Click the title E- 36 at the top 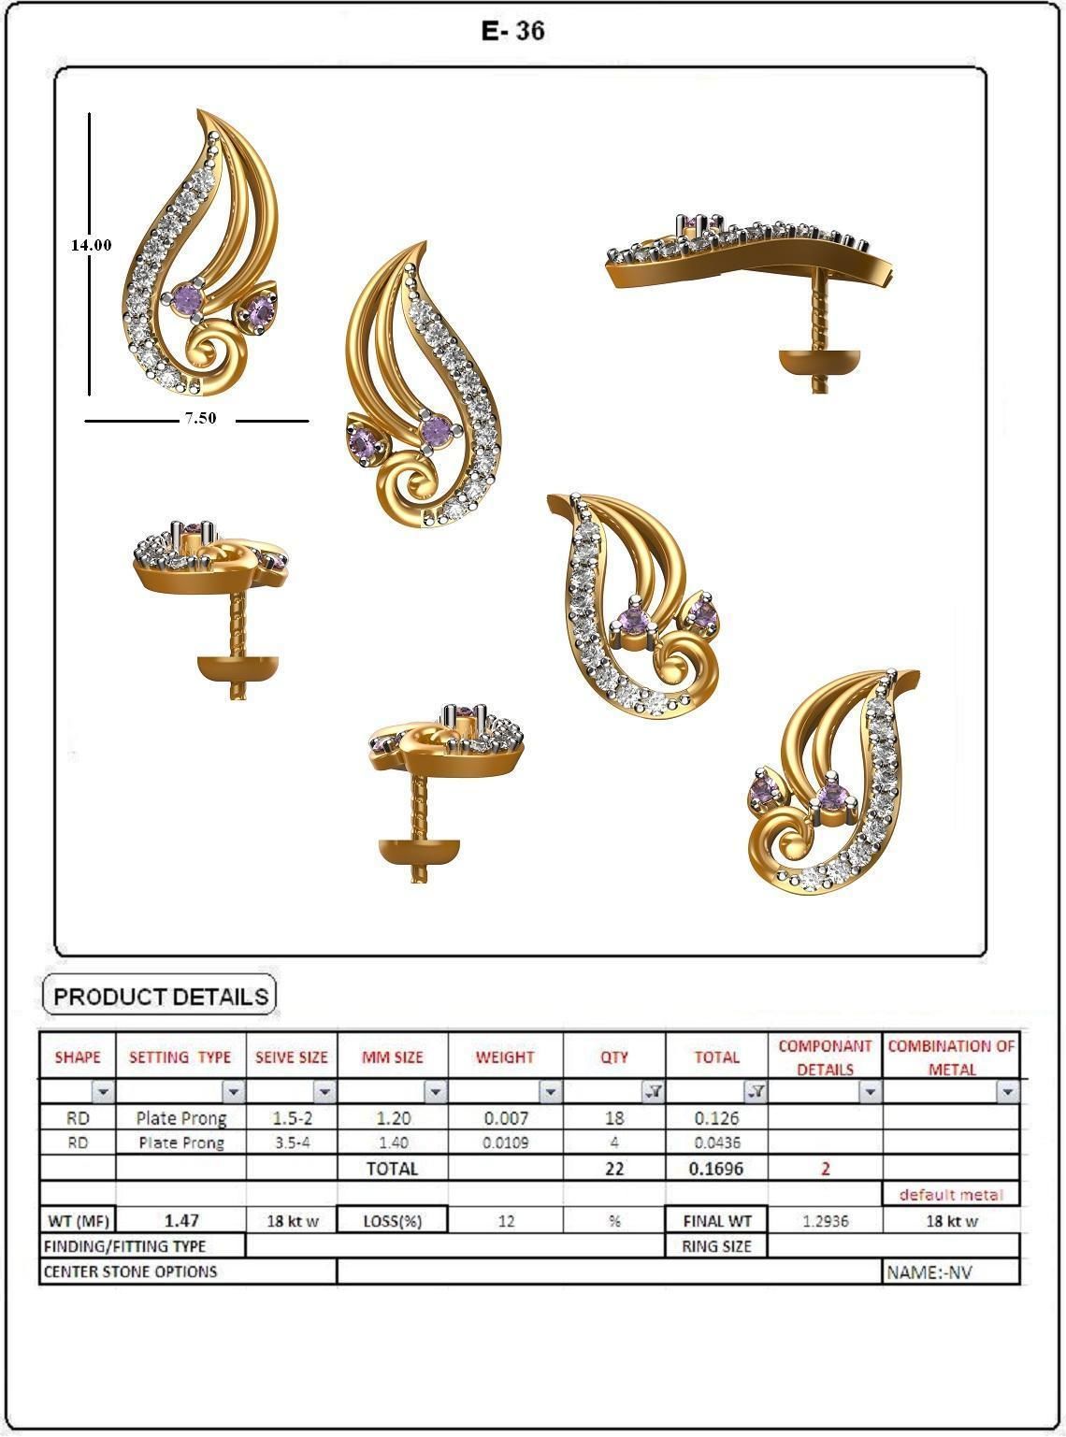tap(512, 31)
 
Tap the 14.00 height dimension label tap(91, 245)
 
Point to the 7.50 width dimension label tap(199, 418)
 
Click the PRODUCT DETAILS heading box tap(161, 996)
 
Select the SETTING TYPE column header tap(180, 1057)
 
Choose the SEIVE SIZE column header tap(292, 1057)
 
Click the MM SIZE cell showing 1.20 tap(393, 1118)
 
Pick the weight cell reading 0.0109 tap(505, 1142)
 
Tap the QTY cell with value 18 tap(614, 1118)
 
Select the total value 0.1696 tap(717, 1169)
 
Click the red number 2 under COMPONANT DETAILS tap(825, 1169)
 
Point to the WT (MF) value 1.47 tap(181, 1220)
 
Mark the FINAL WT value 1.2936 tap(825, 1221)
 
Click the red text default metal tap(950, 1194)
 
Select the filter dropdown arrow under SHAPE tap(103, 1091)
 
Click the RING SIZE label tap(716, 1246)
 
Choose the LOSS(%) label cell tap(392, 1221)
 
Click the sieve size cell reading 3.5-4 tap(292, 1142)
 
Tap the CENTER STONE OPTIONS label tap(132, 1272)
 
